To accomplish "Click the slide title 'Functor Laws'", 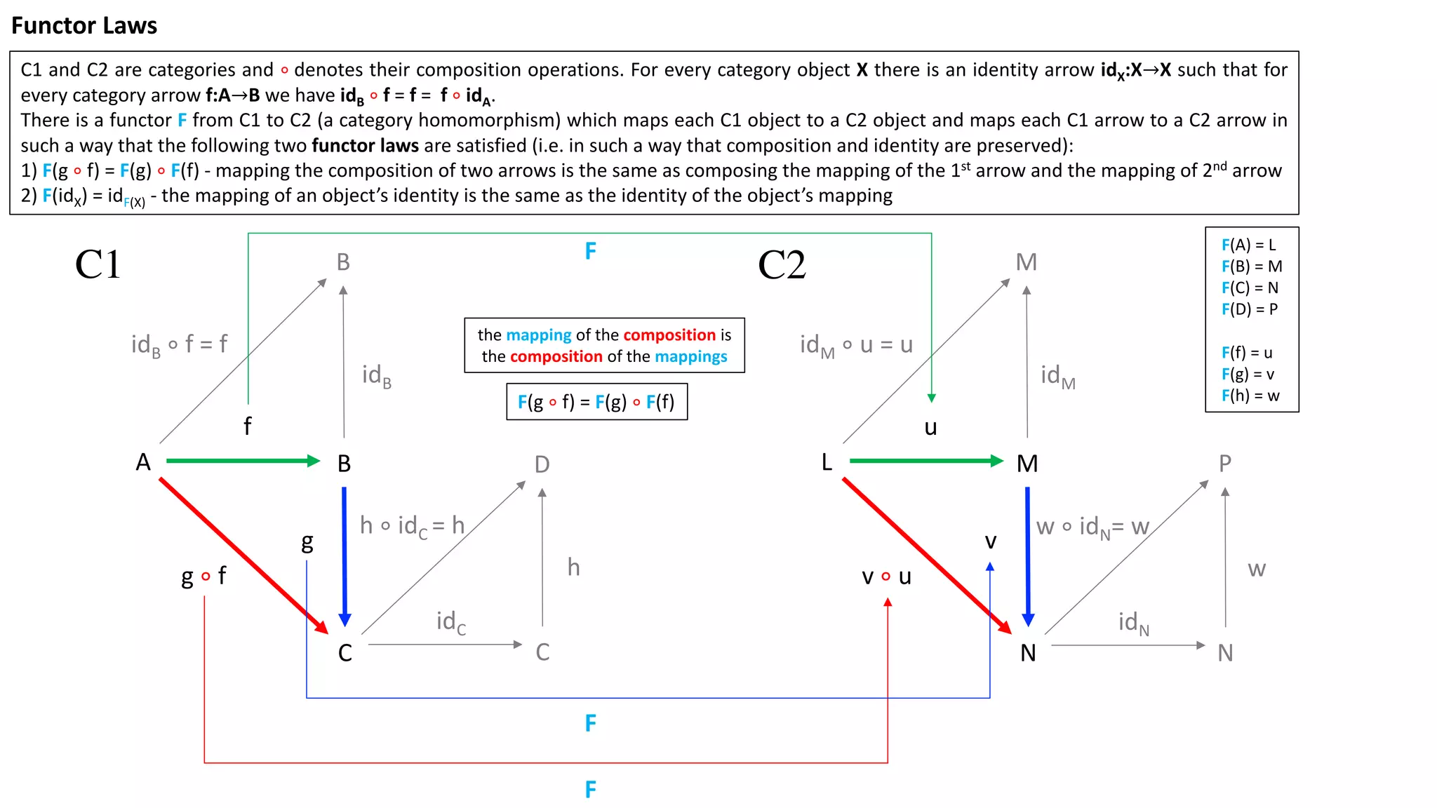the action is (x=84, y=26).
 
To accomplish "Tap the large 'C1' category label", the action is (x=98, y=265).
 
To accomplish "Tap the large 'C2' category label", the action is (x=782, y=265).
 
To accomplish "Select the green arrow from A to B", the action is (x=242, y=461).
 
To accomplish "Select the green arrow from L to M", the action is (x=925, y=461).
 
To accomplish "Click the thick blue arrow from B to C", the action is (x=344, y=554).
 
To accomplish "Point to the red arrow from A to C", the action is (x=242, y=554).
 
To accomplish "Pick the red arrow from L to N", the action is (x=925, y=554).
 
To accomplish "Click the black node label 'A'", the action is (x=143, y=462).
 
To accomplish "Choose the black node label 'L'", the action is (x=827, y=462).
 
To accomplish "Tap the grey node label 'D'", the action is (x=542, y=464).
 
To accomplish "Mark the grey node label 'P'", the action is (x=1225, y=464).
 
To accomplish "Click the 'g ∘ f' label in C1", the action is (x=203, y=577).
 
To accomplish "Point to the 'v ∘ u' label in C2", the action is (x=886, y=577).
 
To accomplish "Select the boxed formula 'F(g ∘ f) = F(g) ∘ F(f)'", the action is (x=596, y=402).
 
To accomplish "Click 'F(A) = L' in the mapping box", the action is (x=1248, y=245).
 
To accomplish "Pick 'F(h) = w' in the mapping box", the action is (x=1250, y=396).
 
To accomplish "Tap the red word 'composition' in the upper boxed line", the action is (x=669, y=335).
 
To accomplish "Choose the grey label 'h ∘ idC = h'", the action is (x=412, y=525).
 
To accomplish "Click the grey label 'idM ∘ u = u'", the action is (x=856, y=345).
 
